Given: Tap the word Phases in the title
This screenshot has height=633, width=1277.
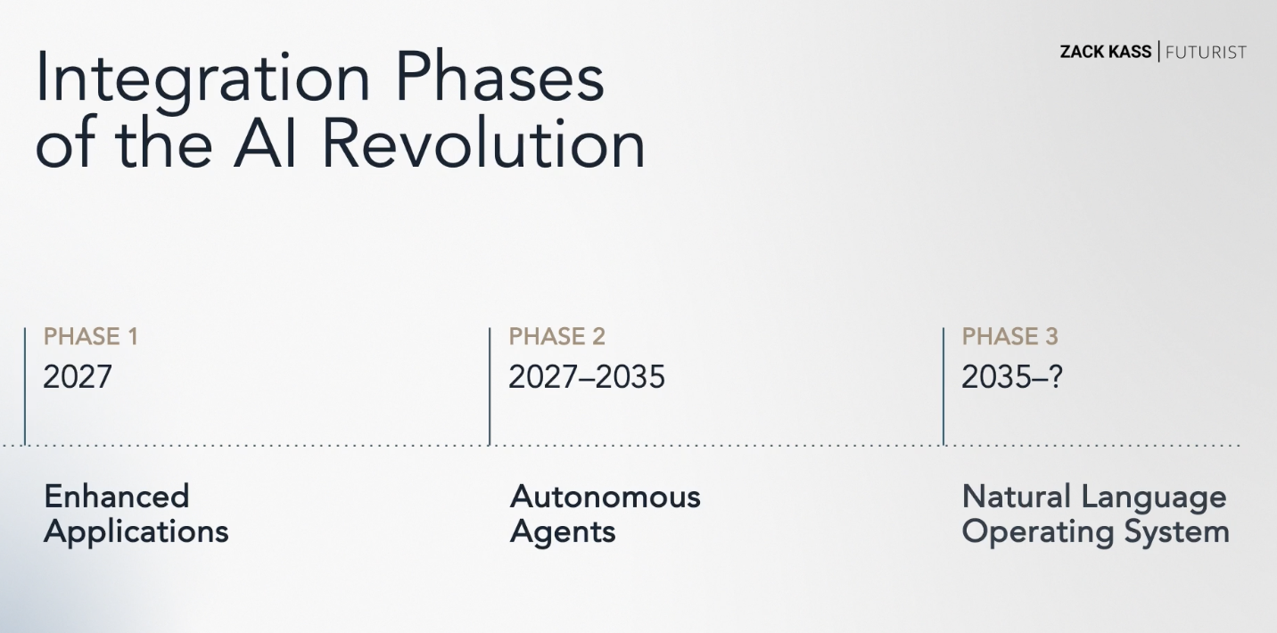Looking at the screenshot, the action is click(x=500, y=77).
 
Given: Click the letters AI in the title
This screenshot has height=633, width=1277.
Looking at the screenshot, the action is click(x=264, y=143).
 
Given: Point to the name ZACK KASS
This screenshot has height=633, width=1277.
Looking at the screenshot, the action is click(x=1106, y=52).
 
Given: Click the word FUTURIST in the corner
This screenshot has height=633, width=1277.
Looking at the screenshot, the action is click(x=1206, y=53).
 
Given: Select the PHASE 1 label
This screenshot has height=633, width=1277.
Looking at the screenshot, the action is click(x=91, y=336).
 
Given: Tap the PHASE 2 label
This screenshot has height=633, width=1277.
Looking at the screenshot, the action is click(x=556, y=336).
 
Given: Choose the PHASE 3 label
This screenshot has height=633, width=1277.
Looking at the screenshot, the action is click(x=1009, y=336).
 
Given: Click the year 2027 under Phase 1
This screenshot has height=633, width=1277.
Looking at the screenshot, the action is click(x=78, y=376).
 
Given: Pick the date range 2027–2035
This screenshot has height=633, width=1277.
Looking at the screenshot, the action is click(x=587, y=376).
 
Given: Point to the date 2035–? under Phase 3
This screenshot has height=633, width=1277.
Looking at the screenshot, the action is click(x=1012, y=376).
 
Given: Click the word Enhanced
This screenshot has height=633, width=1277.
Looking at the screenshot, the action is click(x=116, y=497).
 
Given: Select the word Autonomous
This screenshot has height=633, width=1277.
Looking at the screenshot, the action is click(x=605, y=497).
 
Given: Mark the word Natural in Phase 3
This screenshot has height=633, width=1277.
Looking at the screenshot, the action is click(x=1016, y=497).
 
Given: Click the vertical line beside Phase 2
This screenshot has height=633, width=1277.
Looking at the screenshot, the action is click(x=490, y=386).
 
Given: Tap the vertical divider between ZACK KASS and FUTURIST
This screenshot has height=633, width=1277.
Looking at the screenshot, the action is click(x=1158, y=52).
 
